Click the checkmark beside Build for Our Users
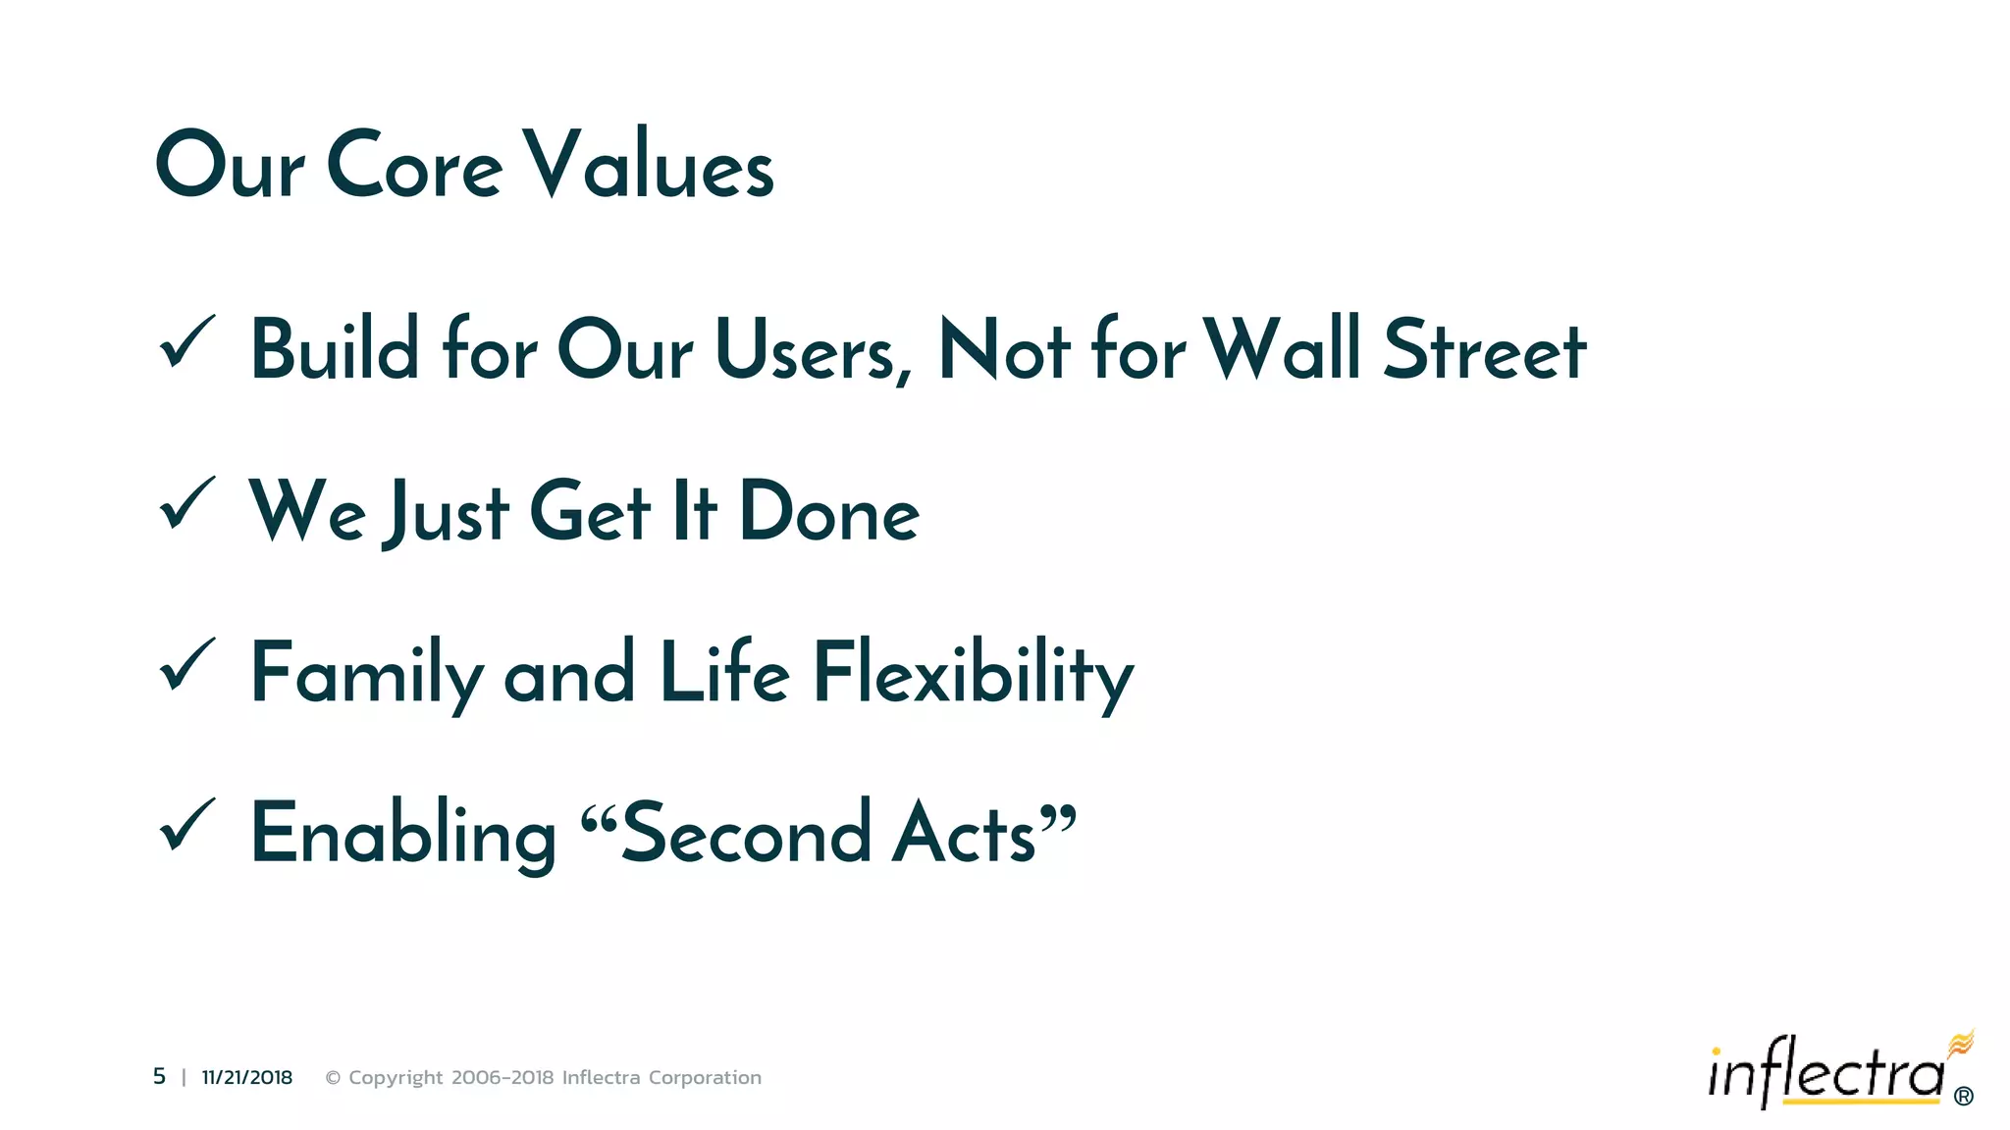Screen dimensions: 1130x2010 186,343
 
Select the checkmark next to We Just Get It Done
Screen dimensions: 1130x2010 186,503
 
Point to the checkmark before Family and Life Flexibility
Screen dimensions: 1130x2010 186,664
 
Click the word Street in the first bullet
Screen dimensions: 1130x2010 1484,350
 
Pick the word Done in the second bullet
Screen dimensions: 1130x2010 829,511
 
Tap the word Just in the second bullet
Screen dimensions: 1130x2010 448,511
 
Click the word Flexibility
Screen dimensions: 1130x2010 973,673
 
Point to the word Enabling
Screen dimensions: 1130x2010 403,834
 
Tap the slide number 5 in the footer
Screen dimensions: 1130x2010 159,1077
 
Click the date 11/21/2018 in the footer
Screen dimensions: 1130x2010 247,1077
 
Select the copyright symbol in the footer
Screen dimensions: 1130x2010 333,1078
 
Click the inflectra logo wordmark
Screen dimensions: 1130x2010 1825,1072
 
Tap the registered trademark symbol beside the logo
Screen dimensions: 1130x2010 1963,1096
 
